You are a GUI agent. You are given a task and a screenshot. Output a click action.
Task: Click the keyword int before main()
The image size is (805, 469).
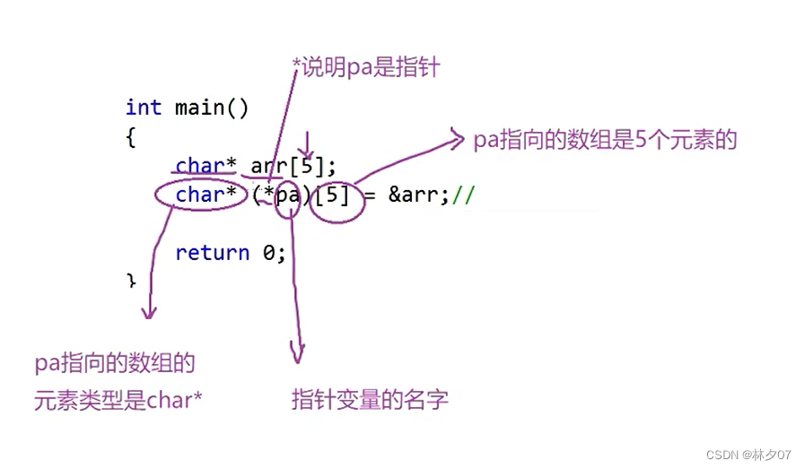[144, 108]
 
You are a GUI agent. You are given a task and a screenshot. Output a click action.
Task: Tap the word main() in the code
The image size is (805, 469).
[212, 108]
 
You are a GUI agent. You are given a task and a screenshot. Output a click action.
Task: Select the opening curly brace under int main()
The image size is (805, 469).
[131, 137]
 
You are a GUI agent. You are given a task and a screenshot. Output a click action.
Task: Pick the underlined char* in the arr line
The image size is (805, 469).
[206, 166]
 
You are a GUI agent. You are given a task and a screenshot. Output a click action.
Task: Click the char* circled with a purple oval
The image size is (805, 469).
[206, 195]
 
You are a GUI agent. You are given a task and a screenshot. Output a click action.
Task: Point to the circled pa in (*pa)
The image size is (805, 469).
[288, 195]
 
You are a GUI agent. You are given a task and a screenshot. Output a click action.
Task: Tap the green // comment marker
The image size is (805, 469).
[463, 195]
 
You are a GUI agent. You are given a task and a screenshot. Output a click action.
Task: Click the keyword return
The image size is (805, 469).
[212, 253]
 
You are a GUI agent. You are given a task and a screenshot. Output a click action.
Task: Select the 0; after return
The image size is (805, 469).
[274, 253]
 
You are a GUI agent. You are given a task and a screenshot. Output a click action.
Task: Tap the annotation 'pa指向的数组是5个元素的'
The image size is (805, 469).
[605, 140]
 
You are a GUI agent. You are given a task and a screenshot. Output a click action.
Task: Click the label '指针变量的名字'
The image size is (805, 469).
[369, 400]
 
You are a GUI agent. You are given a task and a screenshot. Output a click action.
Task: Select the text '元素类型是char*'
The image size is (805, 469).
[118, 401]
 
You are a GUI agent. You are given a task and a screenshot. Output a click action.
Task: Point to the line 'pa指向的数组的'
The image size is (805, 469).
[115, 364]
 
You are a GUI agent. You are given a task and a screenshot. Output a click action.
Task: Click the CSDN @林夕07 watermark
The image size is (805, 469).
[749, 455]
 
